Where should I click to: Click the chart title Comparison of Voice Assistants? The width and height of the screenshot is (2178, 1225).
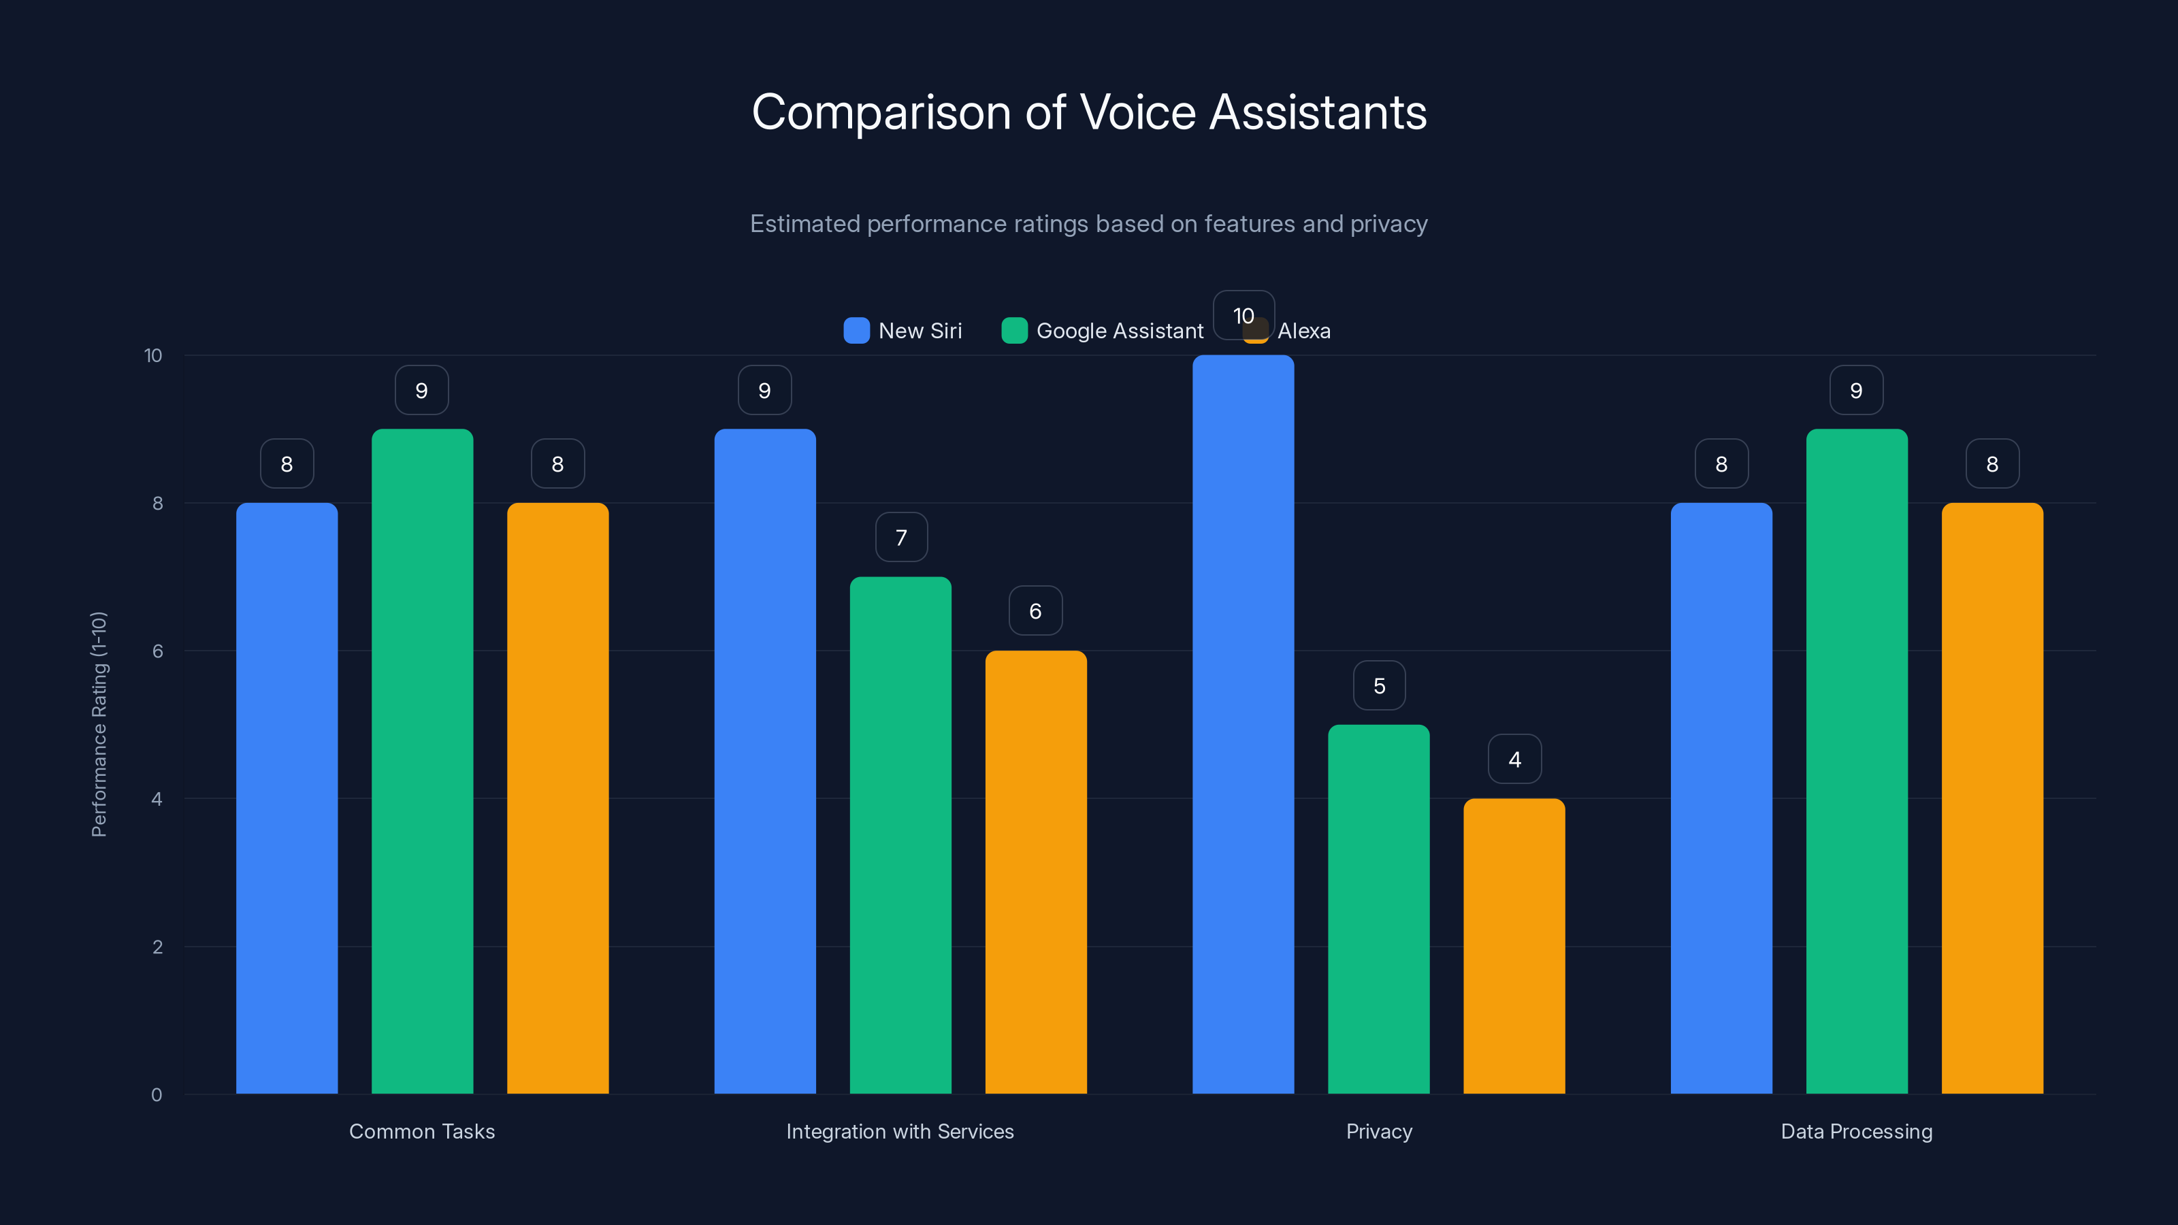(x=1089, y=112)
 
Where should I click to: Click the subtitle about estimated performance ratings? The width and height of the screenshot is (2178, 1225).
(x=1089, y=224)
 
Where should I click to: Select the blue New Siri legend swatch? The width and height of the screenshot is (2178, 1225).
(x=856, y=331)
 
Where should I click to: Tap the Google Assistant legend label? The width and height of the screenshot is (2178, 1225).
(x=1120, y=331)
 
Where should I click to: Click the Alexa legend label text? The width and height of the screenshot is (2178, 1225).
(x=1304, y=331)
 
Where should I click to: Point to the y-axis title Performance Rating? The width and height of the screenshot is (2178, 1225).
(x=99, y=725)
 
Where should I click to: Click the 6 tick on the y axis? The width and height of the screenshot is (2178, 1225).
(x=157, y=651)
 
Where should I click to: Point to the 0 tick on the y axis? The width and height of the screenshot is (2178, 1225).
(x=157, y=1095)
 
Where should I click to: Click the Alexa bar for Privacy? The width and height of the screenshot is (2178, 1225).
(x=1514, y=946)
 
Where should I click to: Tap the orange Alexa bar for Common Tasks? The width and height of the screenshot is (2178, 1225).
(x=557, y=798)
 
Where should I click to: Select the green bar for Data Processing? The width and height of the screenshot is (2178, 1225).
(x=1857, y=761)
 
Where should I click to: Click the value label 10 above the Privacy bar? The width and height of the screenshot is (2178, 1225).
(x=1243, y=315)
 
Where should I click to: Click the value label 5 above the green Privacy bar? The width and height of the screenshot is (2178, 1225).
(x=1379, y=685)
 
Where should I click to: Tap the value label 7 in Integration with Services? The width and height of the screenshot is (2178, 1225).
(x=901, y=538)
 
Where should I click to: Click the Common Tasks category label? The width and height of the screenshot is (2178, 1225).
(x=422, y=1131)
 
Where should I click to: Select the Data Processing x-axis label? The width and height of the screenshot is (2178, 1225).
(x=1857, y=1131)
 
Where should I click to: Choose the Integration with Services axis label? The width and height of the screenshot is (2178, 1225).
(x=900, y=1131)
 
